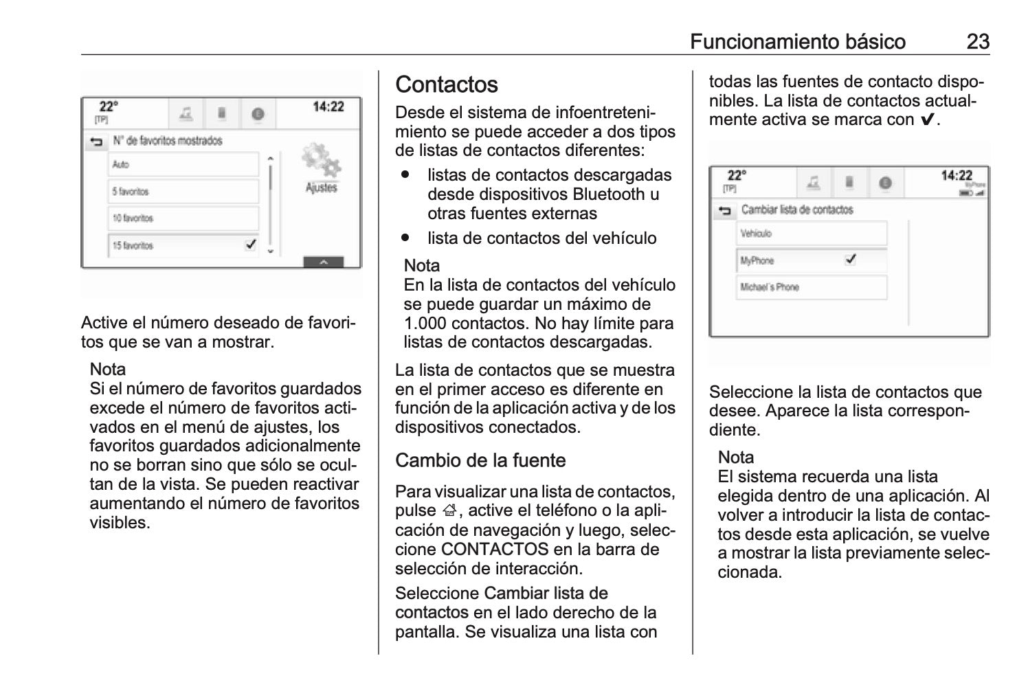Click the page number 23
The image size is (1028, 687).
point(977,42)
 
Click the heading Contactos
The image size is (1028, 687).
point(447,85)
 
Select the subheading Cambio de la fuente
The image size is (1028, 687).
point(480,460)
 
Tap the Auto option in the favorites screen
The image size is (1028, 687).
point(183,165)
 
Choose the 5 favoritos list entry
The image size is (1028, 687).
point(183,192)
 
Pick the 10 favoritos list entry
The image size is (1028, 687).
point(183,218)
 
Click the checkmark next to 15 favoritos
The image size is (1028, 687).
point(251,245)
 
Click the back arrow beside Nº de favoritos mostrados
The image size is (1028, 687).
point(96,142)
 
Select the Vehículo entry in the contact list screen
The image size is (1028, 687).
point(811,234)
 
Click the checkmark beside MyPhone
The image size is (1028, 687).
point(851,260)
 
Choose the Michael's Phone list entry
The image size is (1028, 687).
point(811,287)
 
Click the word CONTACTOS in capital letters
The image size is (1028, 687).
point(495,550)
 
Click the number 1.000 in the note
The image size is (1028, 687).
point(426,324)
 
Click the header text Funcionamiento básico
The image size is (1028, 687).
point(797,42)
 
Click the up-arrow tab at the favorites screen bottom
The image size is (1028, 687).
point(322,262)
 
